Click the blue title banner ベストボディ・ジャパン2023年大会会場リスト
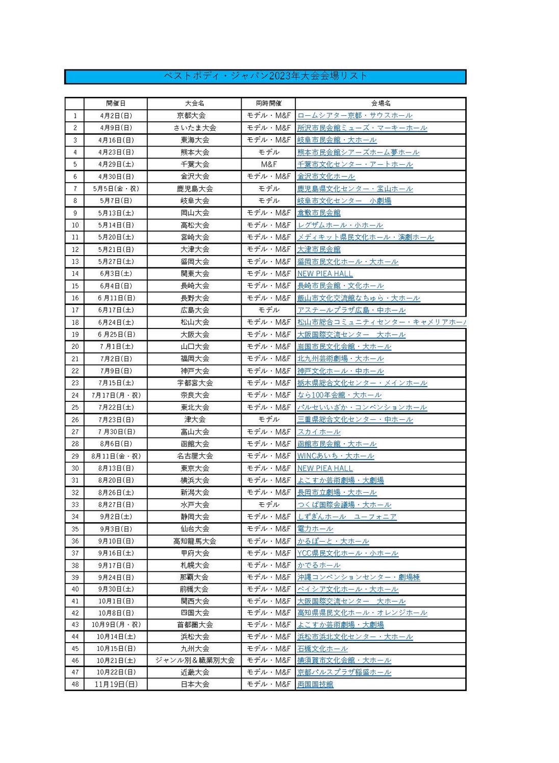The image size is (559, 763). click(x=265, y=77)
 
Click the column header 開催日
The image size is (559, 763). click(x=116, y=104)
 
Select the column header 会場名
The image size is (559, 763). click(x=380, y=104)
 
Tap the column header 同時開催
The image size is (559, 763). click(x=268, y=104)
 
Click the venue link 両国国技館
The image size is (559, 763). click(x=315, y=684)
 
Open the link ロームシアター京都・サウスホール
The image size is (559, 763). click(x=354, y=116)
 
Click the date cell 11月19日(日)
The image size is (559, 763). click(x=116, y=684)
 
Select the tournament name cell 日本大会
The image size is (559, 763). click(x=194, y=684)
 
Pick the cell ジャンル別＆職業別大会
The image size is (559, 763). click(x=194, y=660)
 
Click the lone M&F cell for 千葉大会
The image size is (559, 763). click(x=268, y=164)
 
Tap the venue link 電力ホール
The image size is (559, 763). click(x=315, y=529)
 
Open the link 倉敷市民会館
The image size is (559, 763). click(x=319, y=213)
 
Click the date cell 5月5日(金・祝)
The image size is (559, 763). click(x=116, y=189)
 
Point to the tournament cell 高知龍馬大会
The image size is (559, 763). click(x=194, y=541)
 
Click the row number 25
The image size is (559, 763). click(x=75, y=408)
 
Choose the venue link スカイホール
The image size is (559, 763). click(x=319, y=432)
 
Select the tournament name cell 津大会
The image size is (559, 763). click(x=194, y=420)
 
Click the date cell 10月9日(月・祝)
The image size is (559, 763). click(x=116, y=625)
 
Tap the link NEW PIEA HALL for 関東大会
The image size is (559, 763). click(x=325, y=274)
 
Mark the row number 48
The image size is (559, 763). click(x=75, y=684)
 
